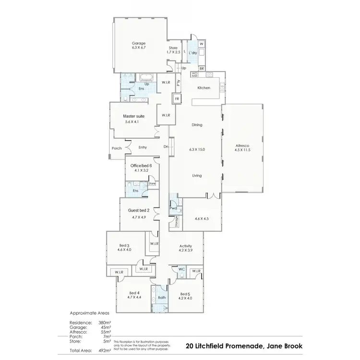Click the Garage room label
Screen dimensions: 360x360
139,43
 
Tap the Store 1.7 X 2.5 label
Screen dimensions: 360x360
173,48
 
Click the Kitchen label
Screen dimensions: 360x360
204,88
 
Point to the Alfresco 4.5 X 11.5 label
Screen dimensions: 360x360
242,145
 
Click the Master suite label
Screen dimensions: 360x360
133,116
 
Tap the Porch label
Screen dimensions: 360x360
117,148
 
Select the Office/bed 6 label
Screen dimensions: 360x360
141,166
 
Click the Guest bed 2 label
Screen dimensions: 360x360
139,211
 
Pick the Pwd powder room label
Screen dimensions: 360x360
173,208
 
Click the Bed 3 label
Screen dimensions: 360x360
124,245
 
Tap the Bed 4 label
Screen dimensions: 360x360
134,293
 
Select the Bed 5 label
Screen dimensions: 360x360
185,294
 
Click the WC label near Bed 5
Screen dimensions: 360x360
181,270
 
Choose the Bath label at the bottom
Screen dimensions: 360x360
161,298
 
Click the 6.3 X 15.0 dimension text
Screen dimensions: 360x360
197,150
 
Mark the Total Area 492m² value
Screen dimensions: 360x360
105,351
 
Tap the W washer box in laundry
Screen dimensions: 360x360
202,44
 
